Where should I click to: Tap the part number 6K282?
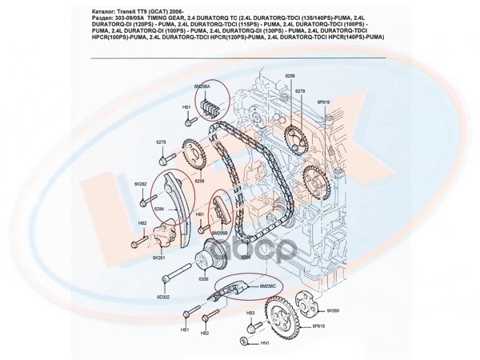(x=141, y=184)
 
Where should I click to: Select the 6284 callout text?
(x=159, y=209)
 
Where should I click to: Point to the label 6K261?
(x=158, y=258)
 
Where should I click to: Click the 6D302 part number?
(x=164, y=296)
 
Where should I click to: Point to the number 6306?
(x=204, y=279)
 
